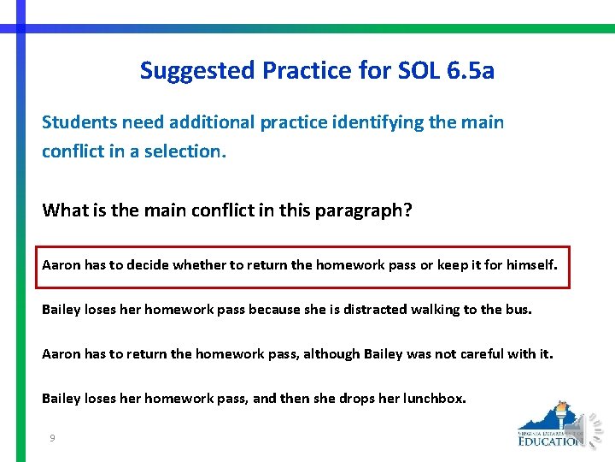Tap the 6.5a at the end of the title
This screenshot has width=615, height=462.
tap(470, 70)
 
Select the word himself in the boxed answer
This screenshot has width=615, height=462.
tap(531, 265)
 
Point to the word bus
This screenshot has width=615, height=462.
tap(518, 309)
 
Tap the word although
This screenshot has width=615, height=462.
tap(331, 353)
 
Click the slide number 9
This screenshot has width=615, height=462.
tap(53, 438)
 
